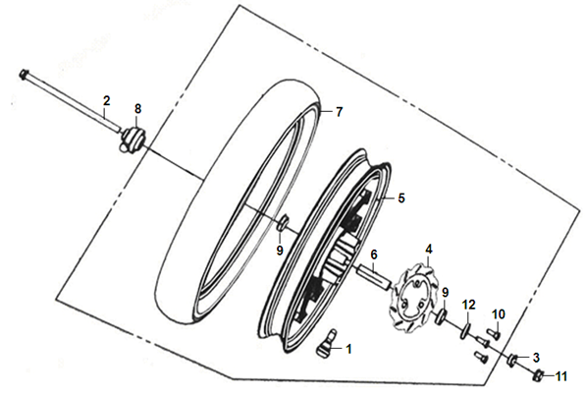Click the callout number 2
(x=107, y=100)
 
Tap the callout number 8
(x=138, y=109)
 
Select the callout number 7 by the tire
(x=339, y=112)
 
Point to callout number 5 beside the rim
(x=401, y=198)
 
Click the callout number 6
(x=374, y=255)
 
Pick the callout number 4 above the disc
(x=429, y=250)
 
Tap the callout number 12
(x=469, y=305)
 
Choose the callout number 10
(x=499, y=314)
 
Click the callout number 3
(x=536, y=358)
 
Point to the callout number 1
(x=348, y=350)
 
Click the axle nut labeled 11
(x=538, y=373)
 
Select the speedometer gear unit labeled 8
(x=133, y=139)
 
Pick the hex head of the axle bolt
(x=24, y=74)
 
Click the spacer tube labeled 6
(x=373, y=276)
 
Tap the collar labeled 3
(x=513, y=360)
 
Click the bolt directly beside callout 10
(x=493, y=332)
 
